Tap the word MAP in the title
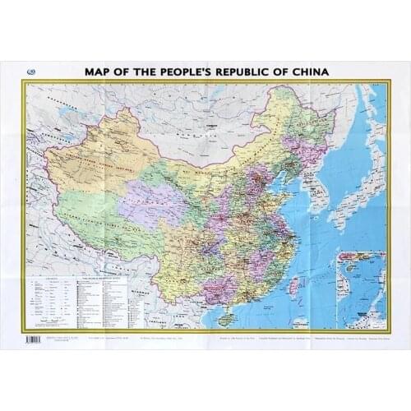(x=100, y=72)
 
